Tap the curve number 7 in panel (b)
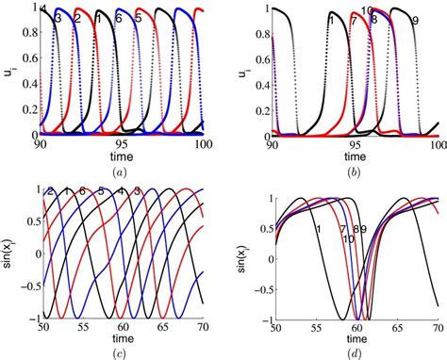[x=354, y=19]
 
